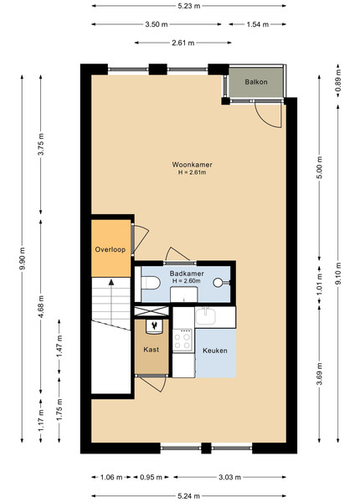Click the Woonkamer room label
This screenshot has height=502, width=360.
tap(192, 165)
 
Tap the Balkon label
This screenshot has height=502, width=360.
tap(256, 82)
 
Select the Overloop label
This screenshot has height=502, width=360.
tap(111, 249)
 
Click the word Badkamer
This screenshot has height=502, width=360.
tap(187, 274)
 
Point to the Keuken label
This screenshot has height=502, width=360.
tap(215, 351)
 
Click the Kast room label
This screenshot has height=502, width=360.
tap(152, 350)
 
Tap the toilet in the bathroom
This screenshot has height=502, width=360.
tap(151, 283)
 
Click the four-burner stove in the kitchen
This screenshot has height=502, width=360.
tap(183, 341)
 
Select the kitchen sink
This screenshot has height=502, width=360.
tap(205, 316)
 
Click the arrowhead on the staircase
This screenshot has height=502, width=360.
tap(111, 282)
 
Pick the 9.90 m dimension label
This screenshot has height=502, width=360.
tap(22, 259)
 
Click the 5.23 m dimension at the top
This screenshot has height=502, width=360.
tap(189, 6)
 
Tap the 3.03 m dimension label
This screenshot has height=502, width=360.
tap(229, 478)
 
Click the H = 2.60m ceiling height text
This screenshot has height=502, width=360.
tap(187, 281)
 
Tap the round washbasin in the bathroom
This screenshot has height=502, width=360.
tap(218, 283)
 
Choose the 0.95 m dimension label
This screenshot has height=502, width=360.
tap(151, 478)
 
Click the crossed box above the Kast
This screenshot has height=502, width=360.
tap(152, 311)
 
